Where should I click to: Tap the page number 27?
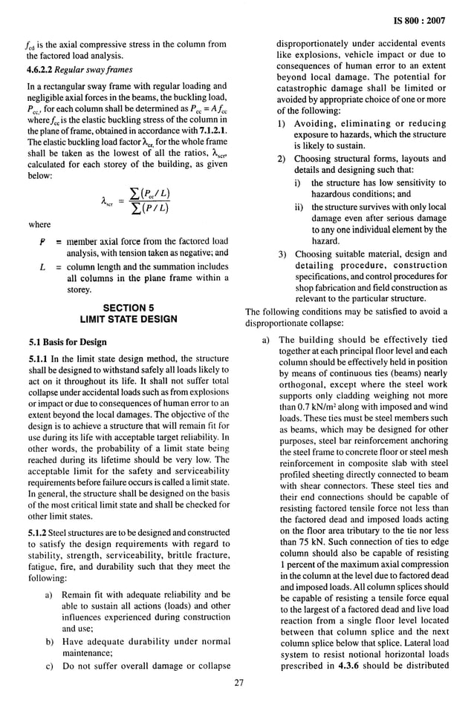(238, 684)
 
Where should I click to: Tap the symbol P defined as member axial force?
(42, 241)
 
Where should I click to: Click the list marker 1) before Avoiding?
(282, 122)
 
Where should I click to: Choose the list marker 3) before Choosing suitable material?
(282, 254)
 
